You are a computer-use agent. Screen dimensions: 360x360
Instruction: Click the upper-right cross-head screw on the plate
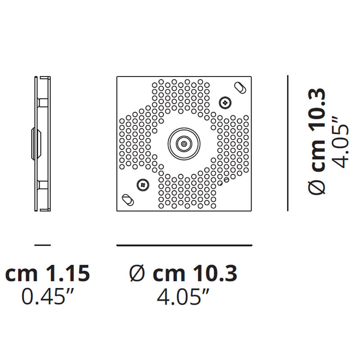click(225, 103)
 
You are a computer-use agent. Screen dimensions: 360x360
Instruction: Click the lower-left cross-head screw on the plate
click(143, 184)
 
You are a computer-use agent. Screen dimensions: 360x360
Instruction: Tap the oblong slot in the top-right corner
click(240, 88)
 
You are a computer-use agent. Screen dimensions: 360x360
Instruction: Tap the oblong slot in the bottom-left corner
click(128, 200)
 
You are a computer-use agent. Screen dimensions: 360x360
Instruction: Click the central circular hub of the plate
click(184, 144)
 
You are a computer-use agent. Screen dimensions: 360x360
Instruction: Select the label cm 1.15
click(48, 273)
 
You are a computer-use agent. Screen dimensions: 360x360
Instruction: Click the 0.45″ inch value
click(48, 297)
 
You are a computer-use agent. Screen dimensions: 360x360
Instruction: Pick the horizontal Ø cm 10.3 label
click(183, 273)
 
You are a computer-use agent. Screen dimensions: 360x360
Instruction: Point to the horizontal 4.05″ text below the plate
click(183, 297)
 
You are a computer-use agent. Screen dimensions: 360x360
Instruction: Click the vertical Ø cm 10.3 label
click(317, 141)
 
